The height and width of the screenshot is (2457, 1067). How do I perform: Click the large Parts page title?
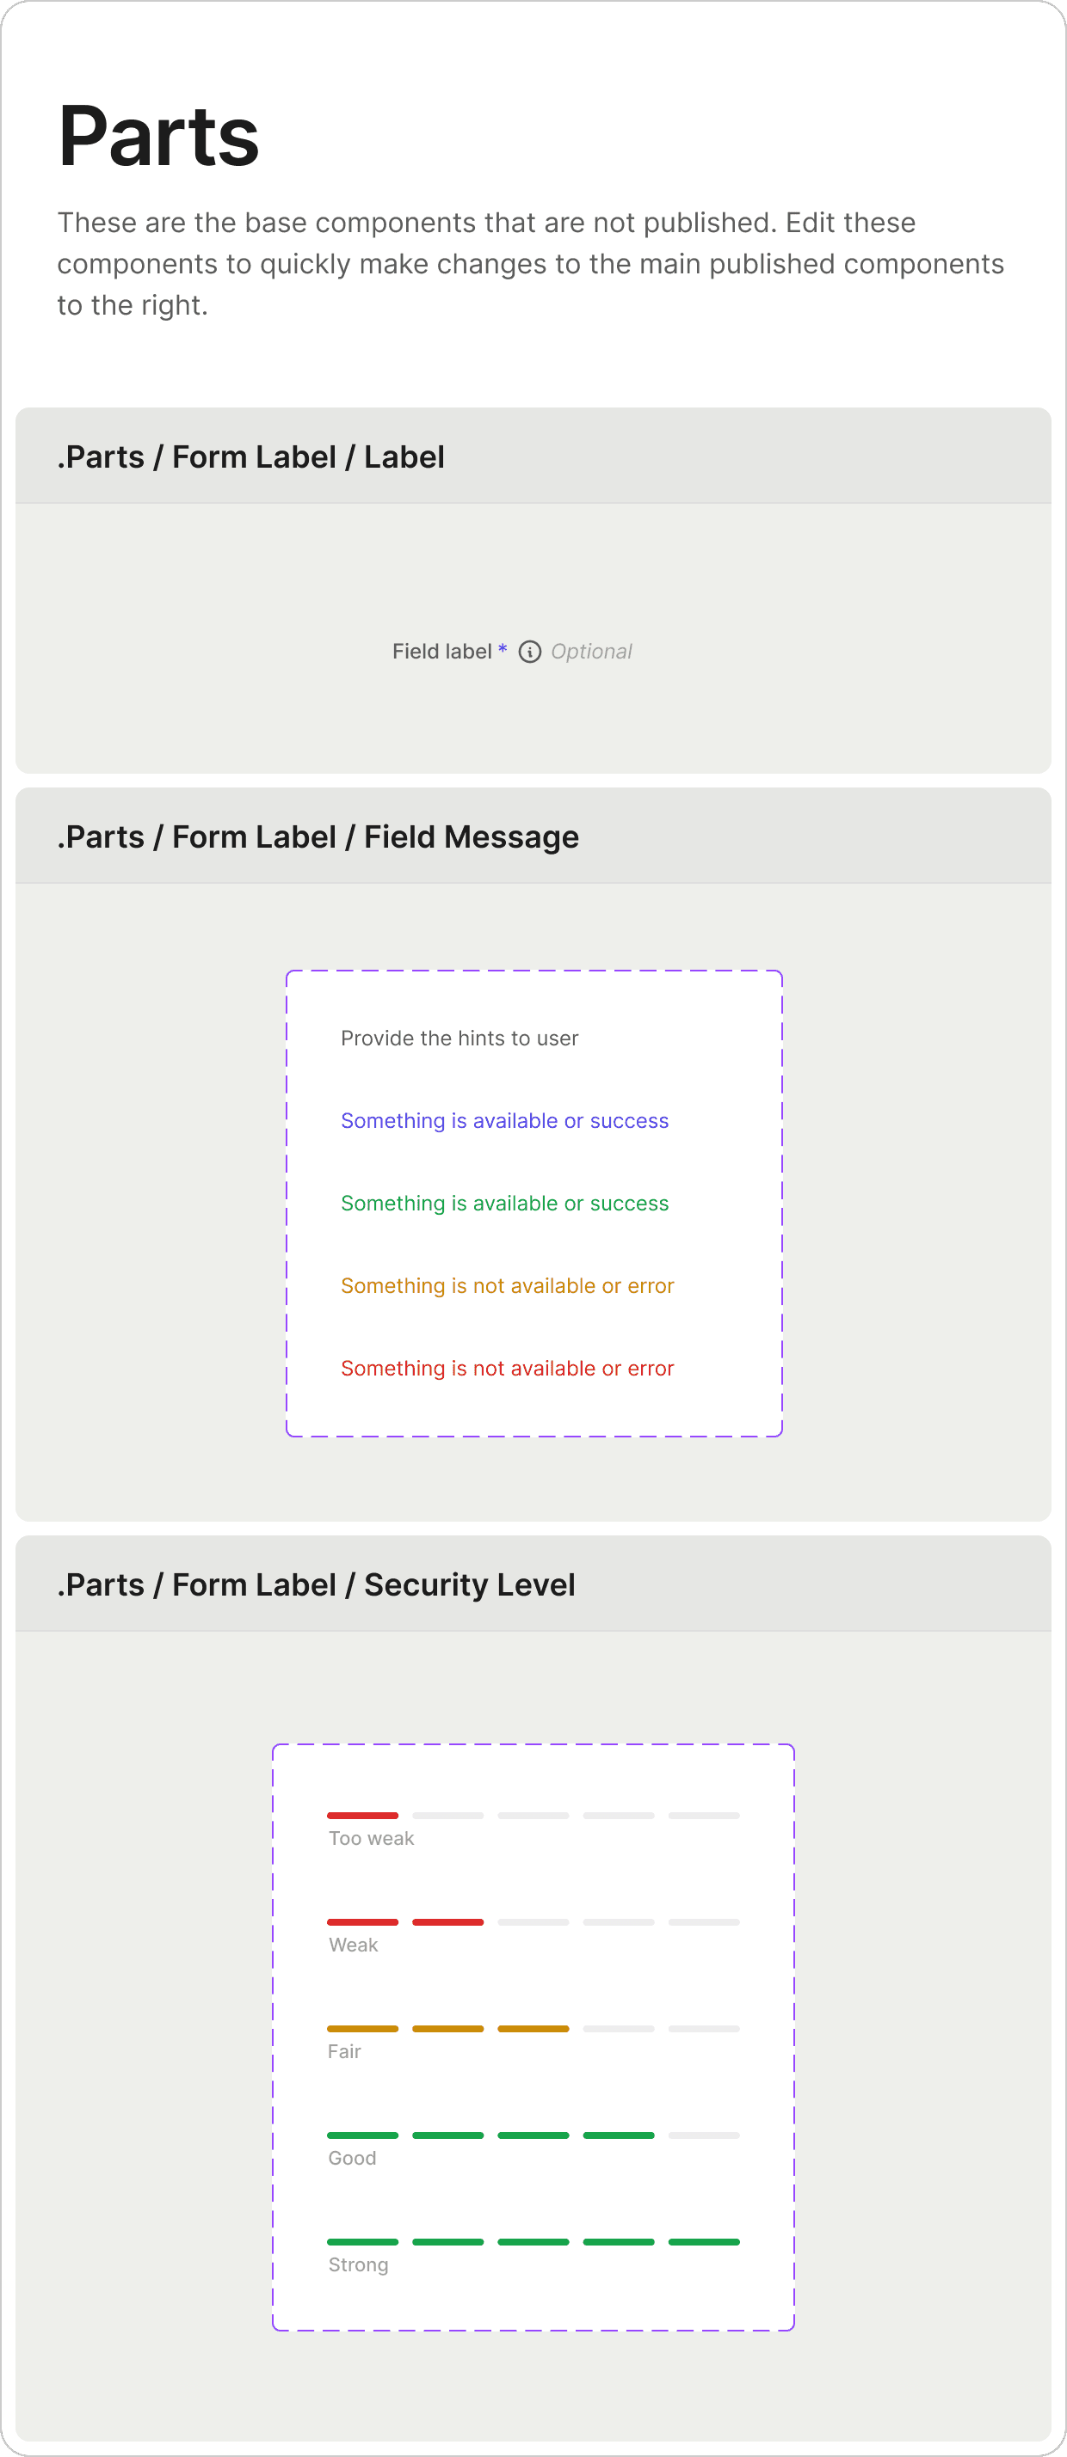tap(158, 137)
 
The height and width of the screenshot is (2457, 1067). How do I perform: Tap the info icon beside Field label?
tap(530, 652)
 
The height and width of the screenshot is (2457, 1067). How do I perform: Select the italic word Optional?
tap(591, 652)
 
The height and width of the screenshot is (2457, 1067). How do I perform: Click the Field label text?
tap(442, 652)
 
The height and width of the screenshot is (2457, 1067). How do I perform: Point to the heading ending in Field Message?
tap(318, 836)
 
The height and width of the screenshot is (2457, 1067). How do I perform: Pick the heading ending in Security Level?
tap(316, 1584)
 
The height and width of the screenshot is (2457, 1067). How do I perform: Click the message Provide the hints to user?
tap(459, 1038)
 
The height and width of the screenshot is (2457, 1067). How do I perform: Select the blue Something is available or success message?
tap(504, 1121)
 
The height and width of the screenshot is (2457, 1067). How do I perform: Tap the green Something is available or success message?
tap(504, 1203)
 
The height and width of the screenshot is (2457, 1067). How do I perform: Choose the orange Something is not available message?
tap(507, 1286)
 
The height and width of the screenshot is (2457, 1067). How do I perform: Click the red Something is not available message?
tap(507, 1368)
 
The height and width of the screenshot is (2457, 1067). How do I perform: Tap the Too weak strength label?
tap(371, 1838)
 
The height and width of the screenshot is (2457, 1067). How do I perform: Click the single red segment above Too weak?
tap(362, 1815)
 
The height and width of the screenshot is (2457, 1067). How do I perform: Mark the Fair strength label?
tap(344, 2051)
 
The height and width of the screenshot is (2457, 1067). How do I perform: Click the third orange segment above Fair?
tap(533, 2029)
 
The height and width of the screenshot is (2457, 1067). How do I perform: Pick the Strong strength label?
tap(358, 2264)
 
